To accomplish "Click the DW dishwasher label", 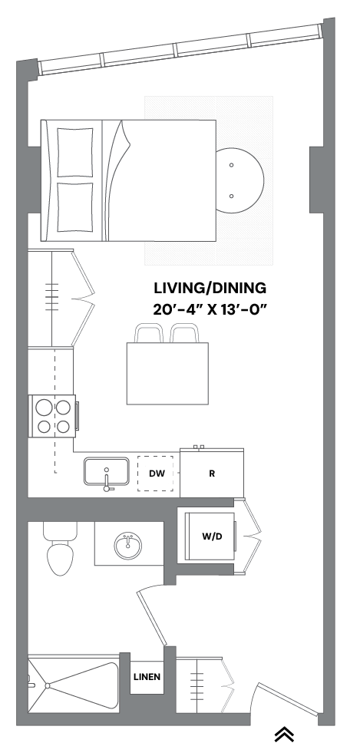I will pos(157,474).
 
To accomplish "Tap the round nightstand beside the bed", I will pos(239,181).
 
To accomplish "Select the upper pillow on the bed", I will pos(75,151).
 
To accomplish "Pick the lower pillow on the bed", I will pos(75,207).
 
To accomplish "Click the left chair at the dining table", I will pos(149,334).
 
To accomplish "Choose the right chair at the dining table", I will pos(185,334).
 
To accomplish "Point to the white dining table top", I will pos(167,374).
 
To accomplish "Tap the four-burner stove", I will pos(53,416).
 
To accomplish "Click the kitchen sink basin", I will pos(106,472).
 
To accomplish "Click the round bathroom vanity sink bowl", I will pos(127,546).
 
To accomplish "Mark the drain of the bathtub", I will pos(47,685).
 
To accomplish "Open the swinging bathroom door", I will pos(151,617).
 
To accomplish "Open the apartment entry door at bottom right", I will pos(288,699).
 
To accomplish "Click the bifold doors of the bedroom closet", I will pos(83,299).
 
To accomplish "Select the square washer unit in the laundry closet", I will pos(209,536).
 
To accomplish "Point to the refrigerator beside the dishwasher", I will pos(212,472).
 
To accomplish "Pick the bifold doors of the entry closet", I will pos(228,685).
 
